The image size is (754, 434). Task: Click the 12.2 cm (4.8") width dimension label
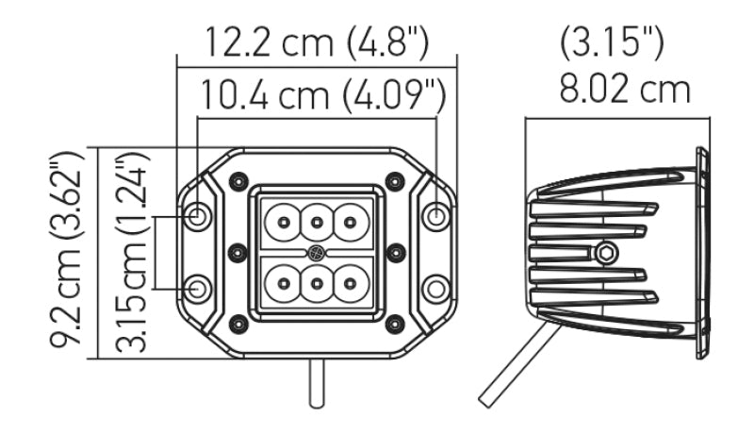click(x=318, y=42)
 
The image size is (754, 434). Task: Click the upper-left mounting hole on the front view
click(x=198, y=216)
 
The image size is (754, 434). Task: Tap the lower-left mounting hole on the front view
click(x=198, y=288)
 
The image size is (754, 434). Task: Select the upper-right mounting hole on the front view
click(x=435, y=216)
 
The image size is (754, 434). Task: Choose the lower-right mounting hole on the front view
click(x=435, y=288)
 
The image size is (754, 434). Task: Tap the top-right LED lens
click(x=352, y=224)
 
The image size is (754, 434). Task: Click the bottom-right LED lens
click(x=352, y=282)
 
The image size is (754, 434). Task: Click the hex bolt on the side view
click(x=606, y=252)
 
